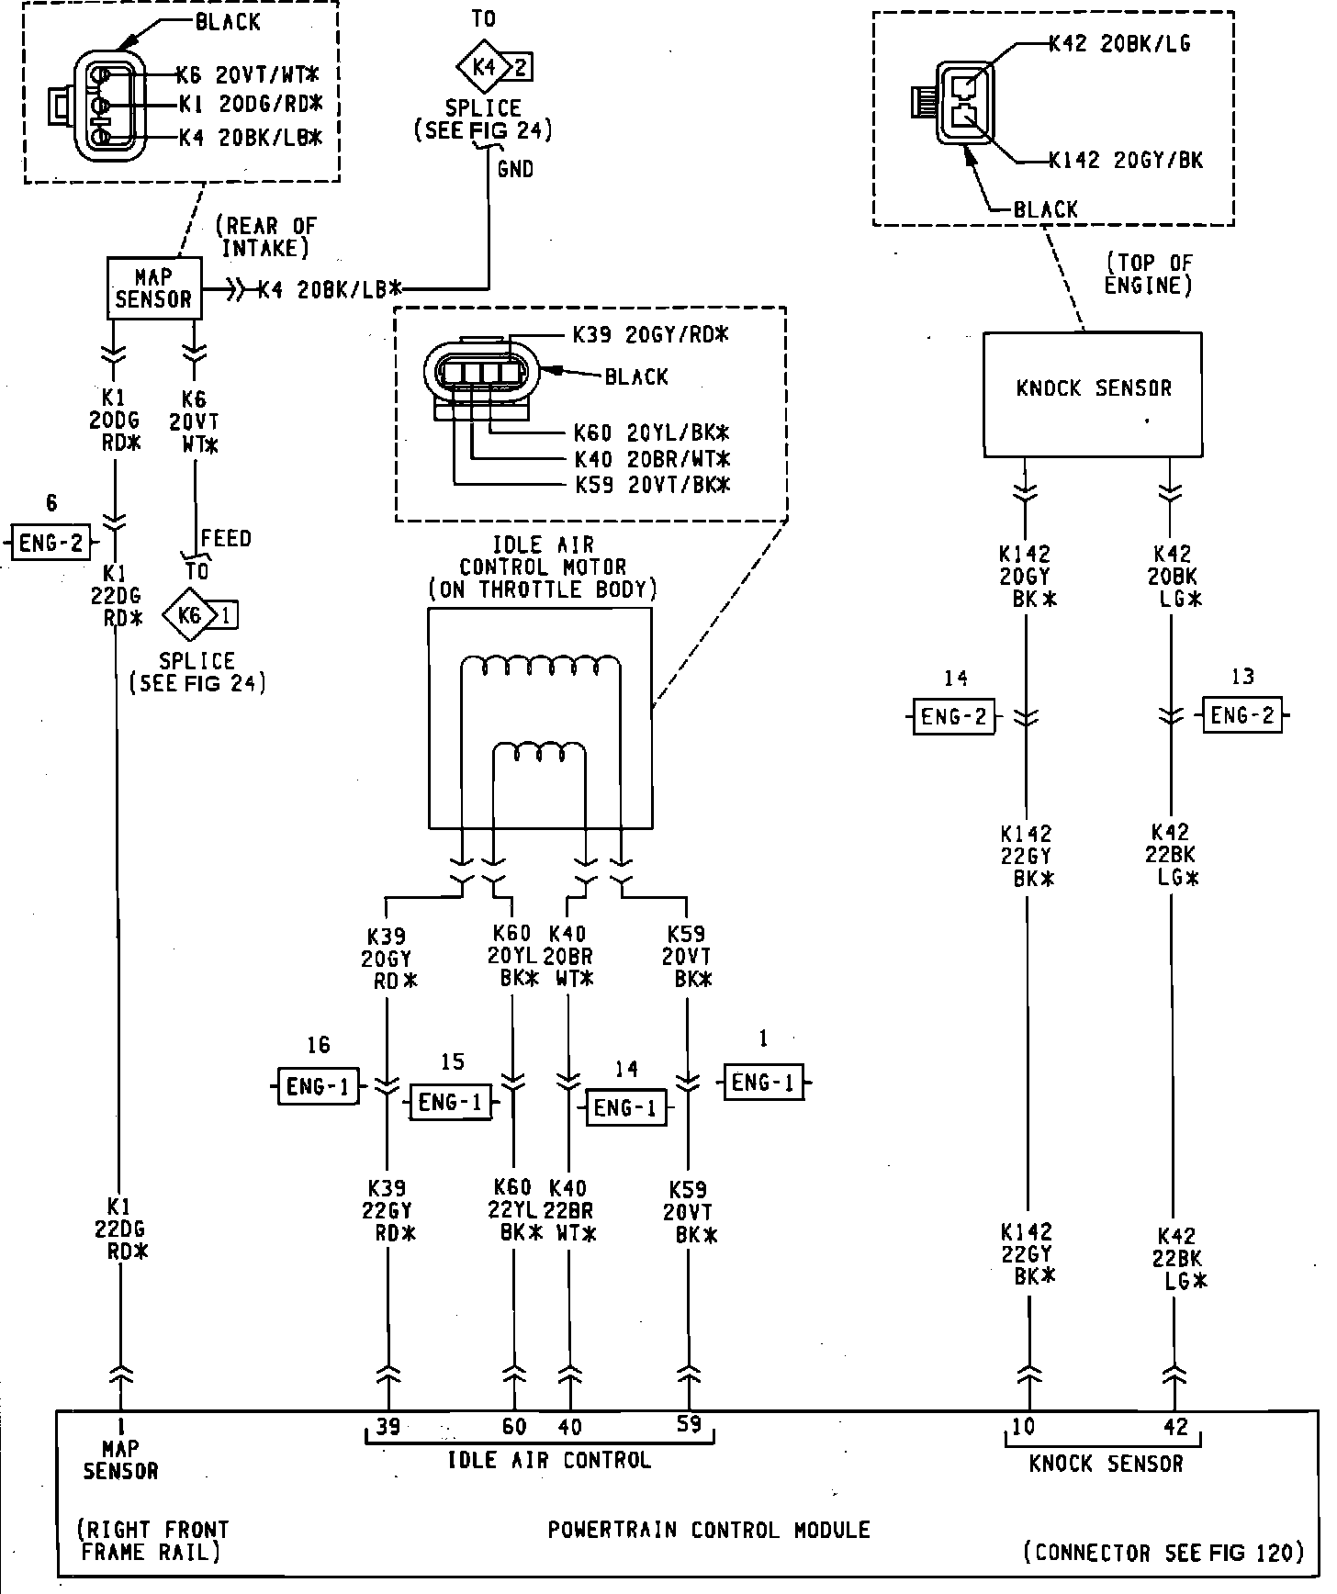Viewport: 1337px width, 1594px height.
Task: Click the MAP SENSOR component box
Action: (x=154, y=288)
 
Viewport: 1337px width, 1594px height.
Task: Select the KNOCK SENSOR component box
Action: (x=1092, y=394)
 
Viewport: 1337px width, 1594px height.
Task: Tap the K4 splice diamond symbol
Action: (x=482, y=66)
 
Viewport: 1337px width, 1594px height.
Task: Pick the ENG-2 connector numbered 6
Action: (x=51, y=542)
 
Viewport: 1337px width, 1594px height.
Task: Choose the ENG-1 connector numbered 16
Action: (x=318, y=1086)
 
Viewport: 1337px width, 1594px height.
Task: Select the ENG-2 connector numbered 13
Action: (x=1242, y=715)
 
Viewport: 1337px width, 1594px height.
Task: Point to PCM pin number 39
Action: (x=388, y=1427)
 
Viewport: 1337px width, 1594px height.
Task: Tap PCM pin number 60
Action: (x=514, y=1427)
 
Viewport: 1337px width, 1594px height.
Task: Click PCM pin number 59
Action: (x=688, y=1424)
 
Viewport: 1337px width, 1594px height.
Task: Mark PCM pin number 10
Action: (x=1023, y=1426)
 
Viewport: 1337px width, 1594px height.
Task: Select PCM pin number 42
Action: (x=1175, y=1427)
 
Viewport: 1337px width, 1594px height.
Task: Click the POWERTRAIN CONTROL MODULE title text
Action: (x=708, y=1530)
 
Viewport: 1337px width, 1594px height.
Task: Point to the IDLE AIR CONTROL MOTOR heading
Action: (x=543, y=567)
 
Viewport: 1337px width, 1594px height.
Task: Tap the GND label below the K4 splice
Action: (x=514, y=169)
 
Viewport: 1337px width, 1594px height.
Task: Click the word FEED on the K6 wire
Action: (x=226, y=538)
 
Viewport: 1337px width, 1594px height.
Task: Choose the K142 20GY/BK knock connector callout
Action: (x=1126, y=160)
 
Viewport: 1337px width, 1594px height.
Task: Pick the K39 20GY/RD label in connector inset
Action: (x=650, y=335)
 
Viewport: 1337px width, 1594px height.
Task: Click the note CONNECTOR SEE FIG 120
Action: (x=1163, y=1553)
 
